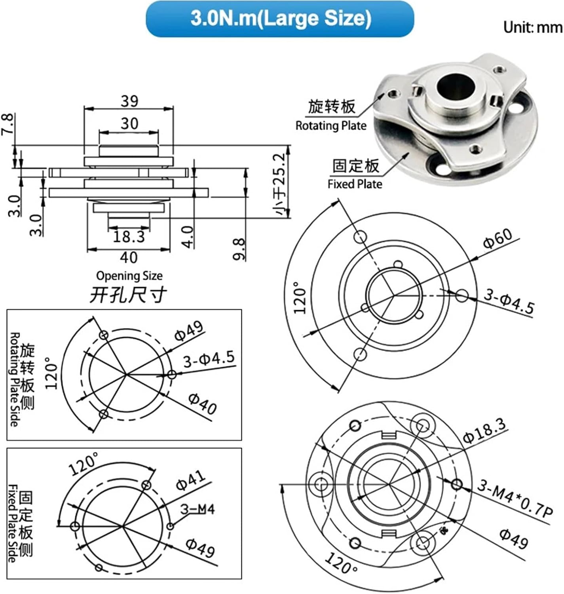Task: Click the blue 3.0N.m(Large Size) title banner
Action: (x=280, y=19)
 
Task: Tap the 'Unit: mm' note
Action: (x=533, y=27)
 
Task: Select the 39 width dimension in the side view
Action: (x=129, y=101)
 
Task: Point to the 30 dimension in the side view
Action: (x=129, y=124)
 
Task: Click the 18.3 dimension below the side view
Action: (x=129, y=236)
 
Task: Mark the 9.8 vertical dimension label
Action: (x=239, y=249)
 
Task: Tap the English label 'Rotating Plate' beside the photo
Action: (x=331, y=126)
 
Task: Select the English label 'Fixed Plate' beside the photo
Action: (x=355, y=184)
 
